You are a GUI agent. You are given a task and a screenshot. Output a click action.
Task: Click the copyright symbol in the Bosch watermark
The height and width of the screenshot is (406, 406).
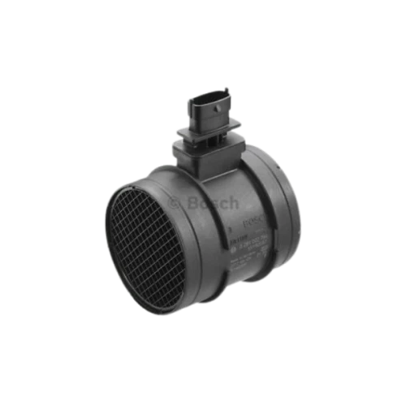174,201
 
